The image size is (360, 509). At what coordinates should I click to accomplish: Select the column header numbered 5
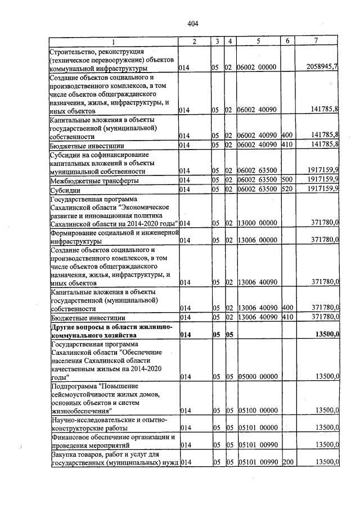[258, 42]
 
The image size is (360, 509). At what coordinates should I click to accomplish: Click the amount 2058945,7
[322, 67]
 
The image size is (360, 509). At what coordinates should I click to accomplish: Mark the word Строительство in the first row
[72, 51]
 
